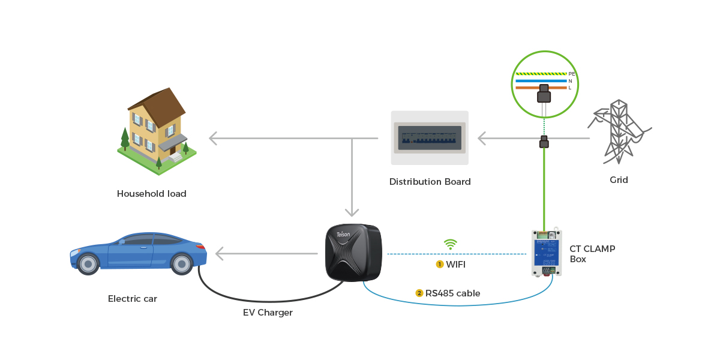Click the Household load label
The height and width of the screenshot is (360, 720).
coord(151,194)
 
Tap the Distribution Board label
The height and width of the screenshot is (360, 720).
coord(430,182)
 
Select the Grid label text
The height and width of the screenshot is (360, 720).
coord(619,180)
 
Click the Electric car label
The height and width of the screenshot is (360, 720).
coord(133,299)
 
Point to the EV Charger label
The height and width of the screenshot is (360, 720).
coord(268,313)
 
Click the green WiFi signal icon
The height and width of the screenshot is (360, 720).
coord(450,244)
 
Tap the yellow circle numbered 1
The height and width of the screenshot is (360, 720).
coord(440,264)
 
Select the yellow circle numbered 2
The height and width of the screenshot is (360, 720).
coord(419,293)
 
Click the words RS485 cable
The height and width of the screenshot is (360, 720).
coord(452,293)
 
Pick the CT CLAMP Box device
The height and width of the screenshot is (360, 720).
coord(546,253)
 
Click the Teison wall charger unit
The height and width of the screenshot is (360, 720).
coord(353,252)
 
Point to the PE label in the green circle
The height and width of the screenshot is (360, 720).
coord(571,74)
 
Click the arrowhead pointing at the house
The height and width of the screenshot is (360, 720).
coord(213,139)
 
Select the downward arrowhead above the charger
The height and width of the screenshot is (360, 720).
coord(352,212)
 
